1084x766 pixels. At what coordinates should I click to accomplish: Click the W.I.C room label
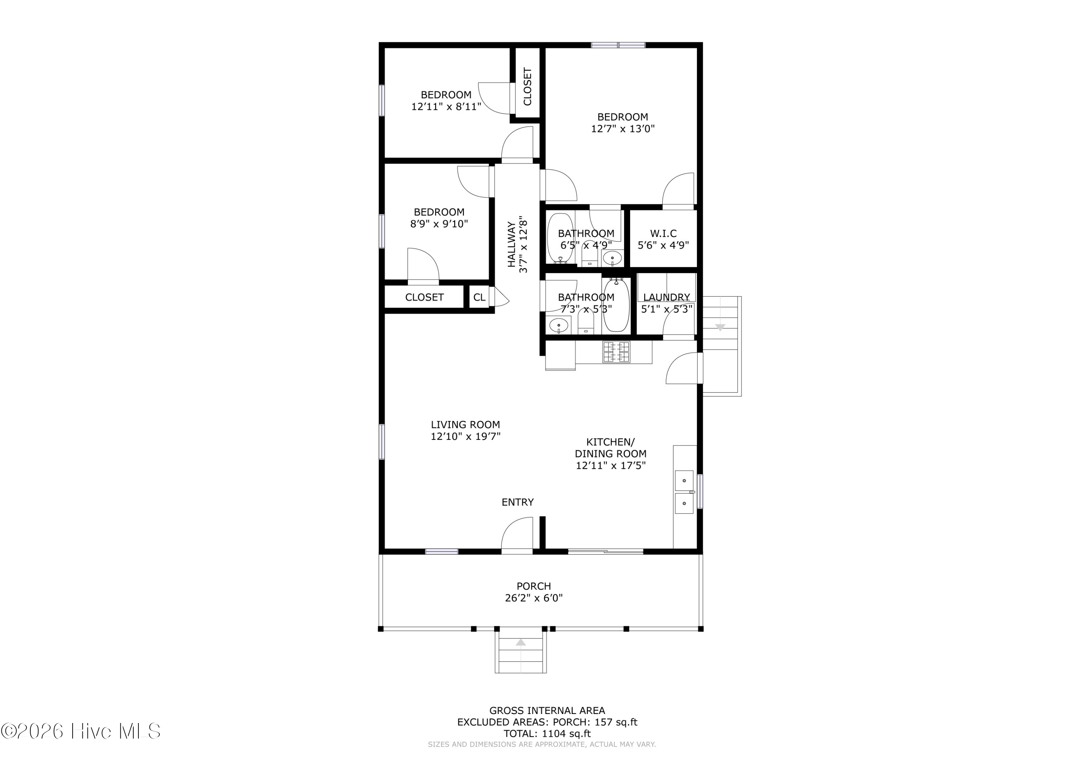(663, 233)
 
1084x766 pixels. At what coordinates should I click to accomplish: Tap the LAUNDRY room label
(667, 297)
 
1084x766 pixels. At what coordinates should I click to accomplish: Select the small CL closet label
(479, 297)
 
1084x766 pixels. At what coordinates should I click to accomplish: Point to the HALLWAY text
(512, 244)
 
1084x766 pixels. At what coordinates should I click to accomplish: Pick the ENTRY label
(517, 502)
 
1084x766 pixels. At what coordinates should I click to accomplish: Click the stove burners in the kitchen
(616, 352)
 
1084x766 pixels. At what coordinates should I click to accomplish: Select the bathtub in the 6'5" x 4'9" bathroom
(560, 238)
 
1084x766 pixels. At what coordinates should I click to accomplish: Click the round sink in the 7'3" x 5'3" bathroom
(559, 325)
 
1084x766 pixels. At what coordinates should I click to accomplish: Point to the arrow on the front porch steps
(521, 642)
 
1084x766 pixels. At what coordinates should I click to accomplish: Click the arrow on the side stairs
(720, 327)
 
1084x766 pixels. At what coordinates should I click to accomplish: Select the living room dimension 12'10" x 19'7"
(465, 437)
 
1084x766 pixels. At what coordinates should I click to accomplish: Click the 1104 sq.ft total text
(547, 733)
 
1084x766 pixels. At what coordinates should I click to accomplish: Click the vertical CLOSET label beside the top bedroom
(527, 86)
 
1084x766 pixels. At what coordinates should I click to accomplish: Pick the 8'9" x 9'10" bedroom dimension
(439, 224)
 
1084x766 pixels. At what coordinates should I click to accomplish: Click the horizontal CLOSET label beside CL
(425, 297)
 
